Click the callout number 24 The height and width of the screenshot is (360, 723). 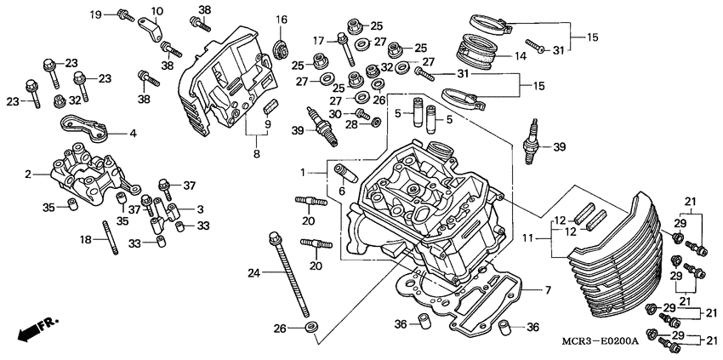[253, 273]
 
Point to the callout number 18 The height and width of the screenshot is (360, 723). [87, 241]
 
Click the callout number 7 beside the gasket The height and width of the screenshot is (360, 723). [547, 291]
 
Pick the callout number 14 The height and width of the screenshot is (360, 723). [522, 56]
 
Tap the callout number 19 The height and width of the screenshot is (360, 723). [96, 14]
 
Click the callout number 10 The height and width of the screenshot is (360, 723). [157, 11]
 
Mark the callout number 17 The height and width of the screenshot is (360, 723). [318, 41]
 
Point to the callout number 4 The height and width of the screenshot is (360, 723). [132, 134]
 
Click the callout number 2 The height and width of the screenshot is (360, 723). [28, 174]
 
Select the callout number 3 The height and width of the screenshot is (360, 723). [200, 209]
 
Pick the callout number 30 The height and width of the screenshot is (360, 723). [335, 113]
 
